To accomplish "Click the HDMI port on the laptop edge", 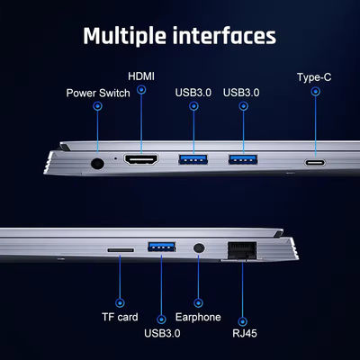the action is (141, 159).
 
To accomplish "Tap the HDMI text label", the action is (141, 76).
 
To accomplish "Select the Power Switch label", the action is (98, 93).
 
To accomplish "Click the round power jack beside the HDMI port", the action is (97, 164).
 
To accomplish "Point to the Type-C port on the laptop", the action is (315, 163).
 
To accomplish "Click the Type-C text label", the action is (314, 77).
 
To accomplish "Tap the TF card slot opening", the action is (121, 250).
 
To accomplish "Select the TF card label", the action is (120, 317).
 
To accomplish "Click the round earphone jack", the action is (198, 248).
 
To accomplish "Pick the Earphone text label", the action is (198, 317).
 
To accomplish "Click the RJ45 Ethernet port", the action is (242, 250).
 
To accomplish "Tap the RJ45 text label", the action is (245, 333).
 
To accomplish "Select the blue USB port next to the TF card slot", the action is (162, 247).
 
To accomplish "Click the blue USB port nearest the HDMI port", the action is (193, 159).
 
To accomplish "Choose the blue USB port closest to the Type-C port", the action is (243, 159).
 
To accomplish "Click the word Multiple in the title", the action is (124, 36).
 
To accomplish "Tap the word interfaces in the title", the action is (224, 36).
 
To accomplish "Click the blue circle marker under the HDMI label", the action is (141, 89).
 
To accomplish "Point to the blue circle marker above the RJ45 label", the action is (242, 321).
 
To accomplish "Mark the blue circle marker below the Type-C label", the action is (315, 91).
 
